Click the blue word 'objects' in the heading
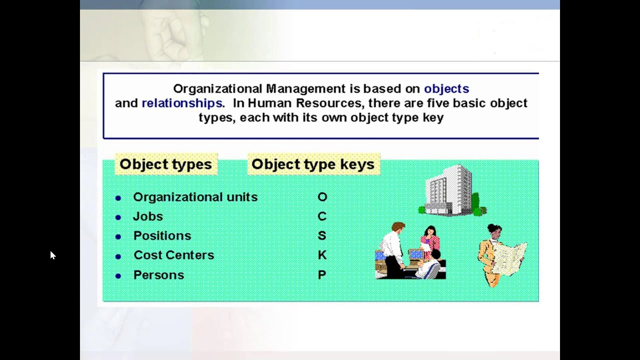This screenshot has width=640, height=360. coord(446,89)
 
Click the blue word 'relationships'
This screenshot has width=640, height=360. coord(181,103)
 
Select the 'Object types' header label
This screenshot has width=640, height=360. coord(165,164)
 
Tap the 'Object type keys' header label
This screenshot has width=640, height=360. coord(313,164)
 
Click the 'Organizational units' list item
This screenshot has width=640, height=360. coord(195,197)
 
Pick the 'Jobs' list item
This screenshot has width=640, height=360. coord(147,216)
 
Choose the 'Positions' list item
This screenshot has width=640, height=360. coord(162,235)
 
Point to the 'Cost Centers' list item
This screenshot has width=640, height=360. coord(173,255)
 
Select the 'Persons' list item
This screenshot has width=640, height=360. coord(158,275)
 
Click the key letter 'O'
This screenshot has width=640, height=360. coord(322,197)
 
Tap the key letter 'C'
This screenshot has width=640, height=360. coord(322,216)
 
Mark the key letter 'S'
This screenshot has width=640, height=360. coord(322,235)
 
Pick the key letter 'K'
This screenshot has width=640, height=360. coord(322,255)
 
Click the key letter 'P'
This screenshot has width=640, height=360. coord(322,275)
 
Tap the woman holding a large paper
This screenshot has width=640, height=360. coord(497,255)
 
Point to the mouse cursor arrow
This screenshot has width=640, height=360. coord(52,255)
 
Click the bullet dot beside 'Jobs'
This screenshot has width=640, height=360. coord(118,217)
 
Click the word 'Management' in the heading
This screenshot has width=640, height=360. coord(305,89)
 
